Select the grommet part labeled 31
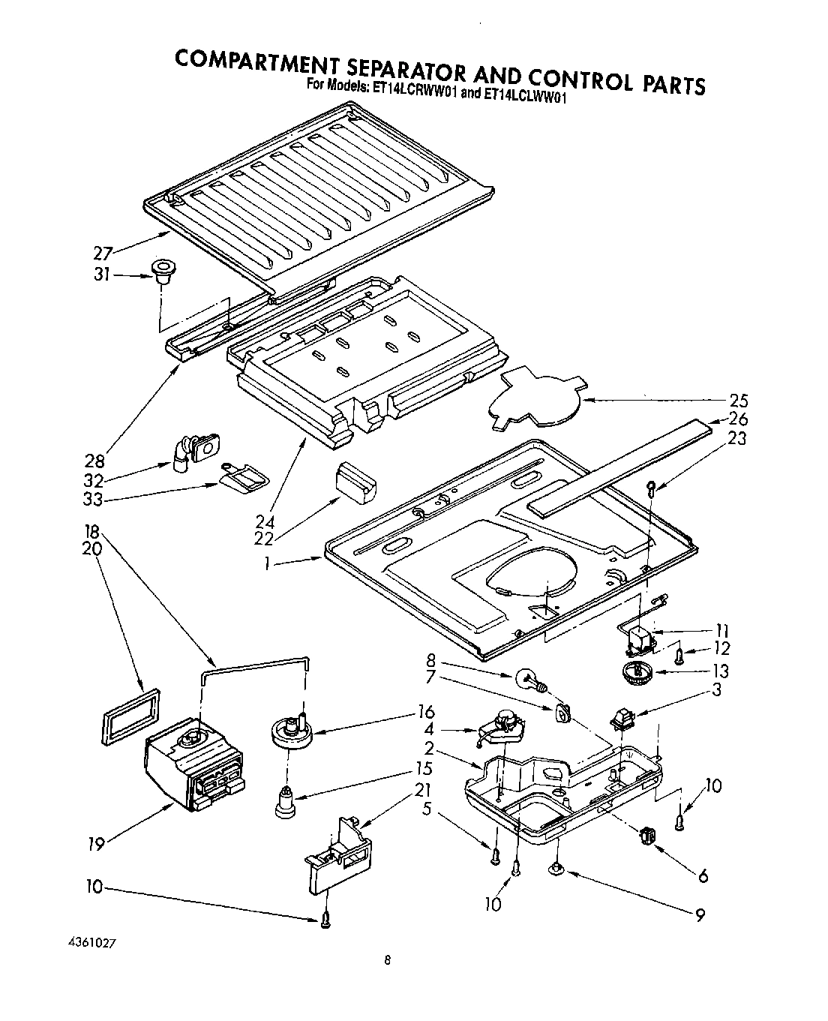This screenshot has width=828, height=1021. point(160,272)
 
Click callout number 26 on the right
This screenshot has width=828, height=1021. point(738,419)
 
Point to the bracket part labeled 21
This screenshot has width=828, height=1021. point(338,855)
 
